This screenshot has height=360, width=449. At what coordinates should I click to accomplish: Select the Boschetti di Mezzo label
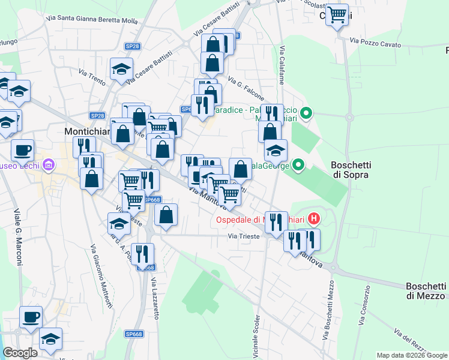click(426, 291)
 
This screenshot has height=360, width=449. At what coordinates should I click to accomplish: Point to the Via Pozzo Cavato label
click(375, 43)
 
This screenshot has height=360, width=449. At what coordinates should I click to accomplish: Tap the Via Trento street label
click(92, 77)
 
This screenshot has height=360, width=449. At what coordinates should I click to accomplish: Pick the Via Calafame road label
click(281, 65)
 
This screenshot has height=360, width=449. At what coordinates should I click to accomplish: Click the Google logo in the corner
click(19, 353)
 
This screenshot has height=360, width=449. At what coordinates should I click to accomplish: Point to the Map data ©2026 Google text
click(412, 355)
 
